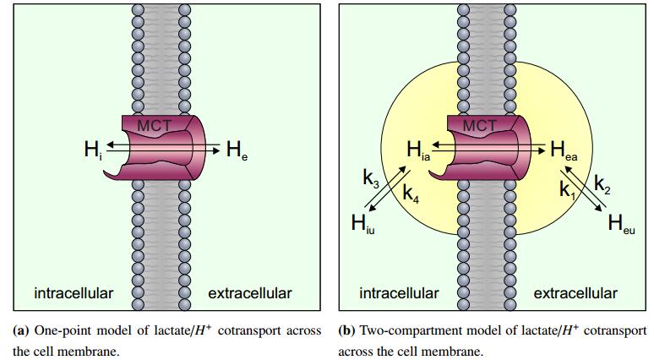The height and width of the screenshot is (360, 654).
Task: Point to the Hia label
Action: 419,152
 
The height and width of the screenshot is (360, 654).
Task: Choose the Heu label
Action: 622,224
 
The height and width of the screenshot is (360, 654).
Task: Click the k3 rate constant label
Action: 371,178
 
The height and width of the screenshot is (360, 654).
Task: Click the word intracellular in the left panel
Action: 74,293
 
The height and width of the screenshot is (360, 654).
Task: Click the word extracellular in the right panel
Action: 575,293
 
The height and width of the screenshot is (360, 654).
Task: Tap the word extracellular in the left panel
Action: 250,293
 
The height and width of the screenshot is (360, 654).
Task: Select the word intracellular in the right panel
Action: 399,293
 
